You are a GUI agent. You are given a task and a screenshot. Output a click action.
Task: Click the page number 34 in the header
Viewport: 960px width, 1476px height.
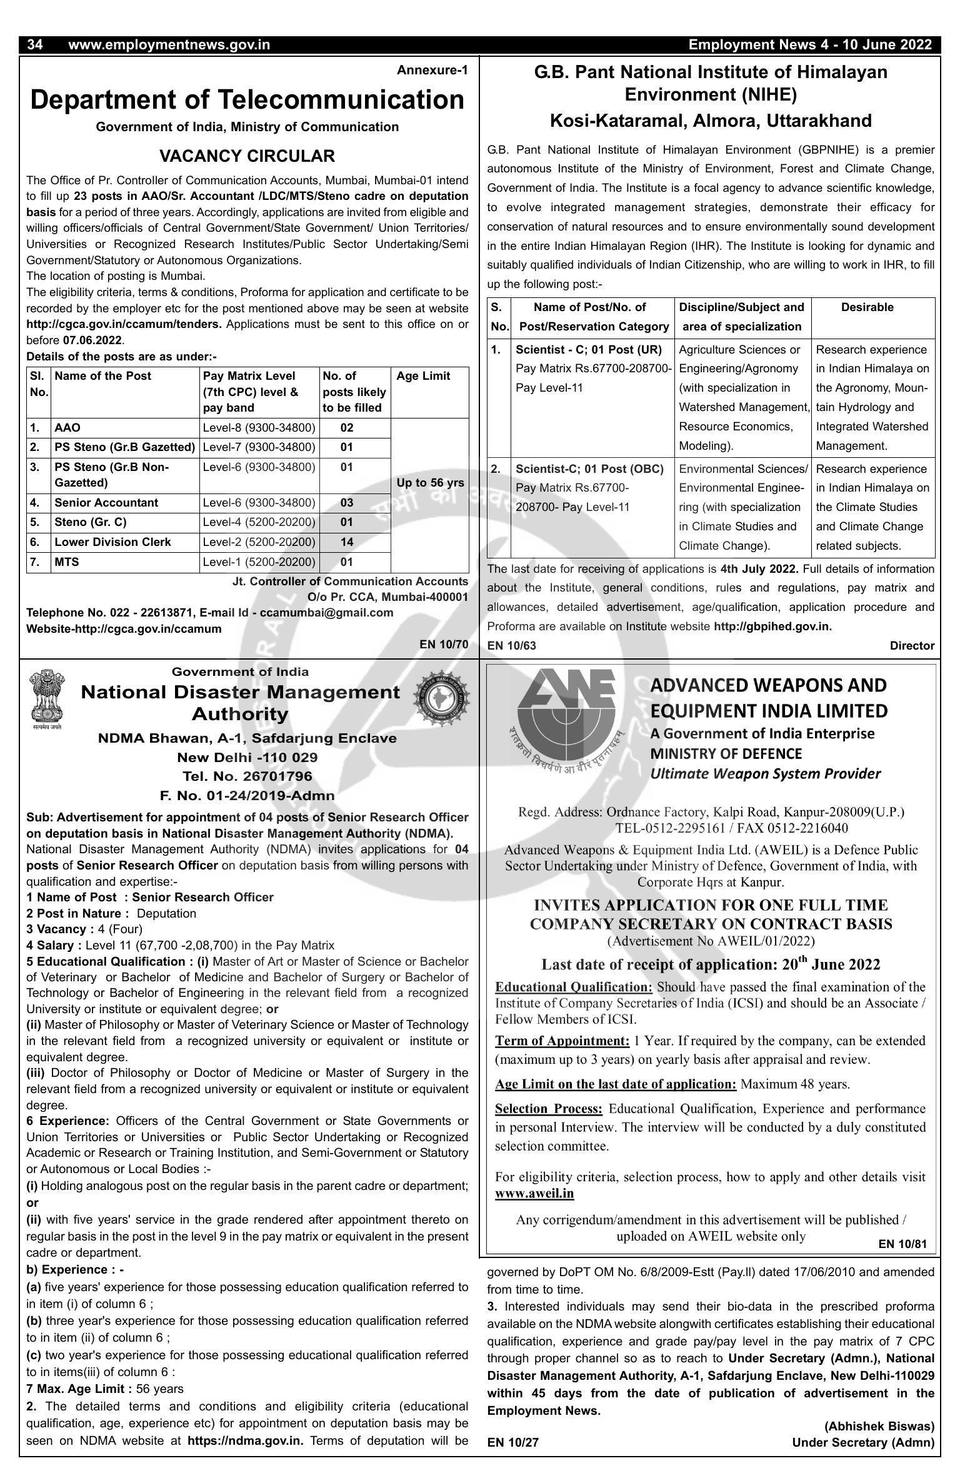(35, 45)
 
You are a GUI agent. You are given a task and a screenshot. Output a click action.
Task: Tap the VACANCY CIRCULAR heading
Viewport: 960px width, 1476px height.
(247, 156)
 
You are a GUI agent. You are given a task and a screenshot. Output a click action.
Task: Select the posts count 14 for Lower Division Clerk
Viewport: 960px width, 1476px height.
(347, 542)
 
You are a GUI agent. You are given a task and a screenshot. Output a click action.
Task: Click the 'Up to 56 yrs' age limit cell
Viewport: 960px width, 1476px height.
(430, 483)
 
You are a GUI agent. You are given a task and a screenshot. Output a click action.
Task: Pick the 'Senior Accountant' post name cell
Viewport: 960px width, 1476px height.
(106, 503)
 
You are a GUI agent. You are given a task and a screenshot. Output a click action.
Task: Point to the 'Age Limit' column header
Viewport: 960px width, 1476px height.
(423, 376)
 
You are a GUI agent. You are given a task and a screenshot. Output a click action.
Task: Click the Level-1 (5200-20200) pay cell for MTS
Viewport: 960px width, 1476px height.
(259, 562)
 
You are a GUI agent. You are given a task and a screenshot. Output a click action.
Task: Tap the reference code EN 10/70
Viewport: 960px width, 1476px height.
(444, 645)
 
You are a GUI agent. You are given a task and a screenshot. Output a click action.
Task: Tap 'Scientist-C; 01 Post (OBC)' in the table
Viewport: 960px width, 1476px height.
(589, 469)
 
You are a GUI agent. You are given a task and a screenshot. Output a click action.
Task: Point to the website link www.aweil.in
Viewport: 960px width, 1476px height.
(534, 1193)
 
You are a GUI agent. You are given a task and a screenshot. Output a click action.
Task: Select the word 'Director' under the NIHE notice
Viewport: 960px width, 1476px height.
(912, 646)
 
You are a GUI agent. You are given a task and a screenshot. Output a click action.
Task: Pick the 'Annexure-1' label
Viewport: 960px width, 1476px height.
(432, 71)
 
